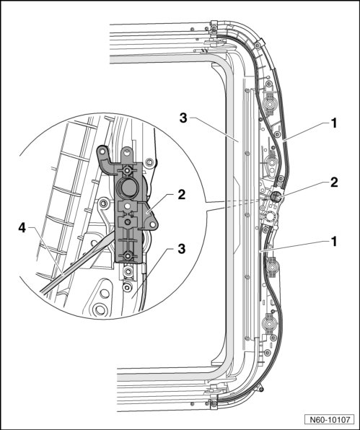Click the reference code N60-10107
pos(330,420)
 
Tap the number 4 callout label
pos(22,228)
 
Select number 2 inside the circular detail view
pos(181,195)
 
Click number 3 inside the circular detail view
pos(181,249)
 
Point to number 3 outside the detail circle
pos(183,118)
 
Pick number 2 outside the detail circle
pos(334,183)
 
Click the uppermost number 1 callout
pos(333,123)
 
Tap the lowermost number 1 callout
pos(333,242)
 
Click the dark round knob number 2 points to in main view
pos(275,197)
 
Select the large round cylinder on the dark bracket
pos(126,188)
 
